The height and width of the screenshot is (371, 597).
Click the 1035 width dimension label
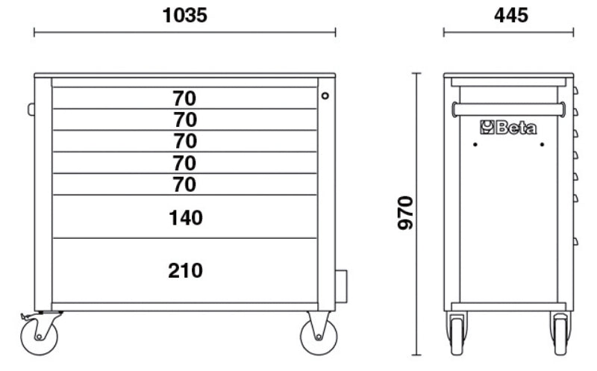[x=185, y=15]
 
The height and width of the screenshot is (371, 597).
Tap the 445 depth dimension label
[x=509, y=15]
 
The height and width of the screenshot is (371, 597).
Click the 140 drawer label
[x=185, y=218]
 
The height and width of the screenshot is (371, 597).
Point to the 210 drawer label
[x=185, y=270]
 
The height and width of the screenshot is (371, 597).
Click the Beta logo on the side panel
[x=508, y=128]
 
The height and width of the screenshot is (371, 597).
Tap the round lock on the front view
[x=325, y=96]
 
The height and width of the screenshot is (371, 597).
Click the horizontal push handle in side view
[x=507, y=110]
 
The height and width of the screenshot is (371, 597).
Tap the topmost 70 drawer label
[x=185, y=98]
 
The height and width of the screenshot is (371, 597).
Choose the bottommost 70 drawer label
[x=185, y=184]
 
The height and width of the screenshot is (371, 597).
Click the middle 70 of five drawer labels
[x=185, y=141]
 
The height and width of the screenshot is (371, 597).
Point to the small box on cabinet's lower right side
[x=342, y=287]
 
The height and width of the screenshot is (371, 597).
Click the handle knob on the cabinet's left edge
[x=31, y=110]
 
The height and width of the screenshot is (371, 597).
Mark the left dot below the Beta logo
[x=475, y=144]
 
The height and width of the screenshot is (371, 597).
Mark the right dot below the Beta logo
[x=542, y=144]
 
